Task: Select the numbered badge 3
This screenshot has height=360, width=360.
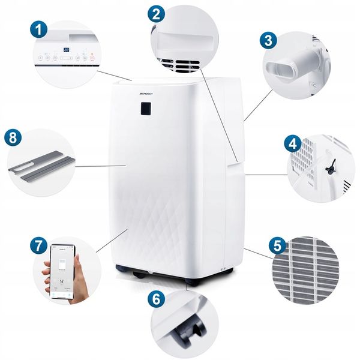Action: pos(268,41)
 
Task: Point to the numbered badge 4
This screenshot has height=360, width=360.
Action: pos(292,144)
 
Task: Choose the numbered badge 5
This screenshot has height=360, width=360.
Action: pos(277,245)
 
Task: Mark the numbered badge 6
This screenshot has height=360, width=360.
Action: pos(155,298)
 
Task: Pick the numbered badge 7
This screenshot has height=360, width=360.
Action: pos(39,245)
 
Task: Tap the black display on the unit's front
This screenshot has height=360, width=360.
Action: pos(145,108)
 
